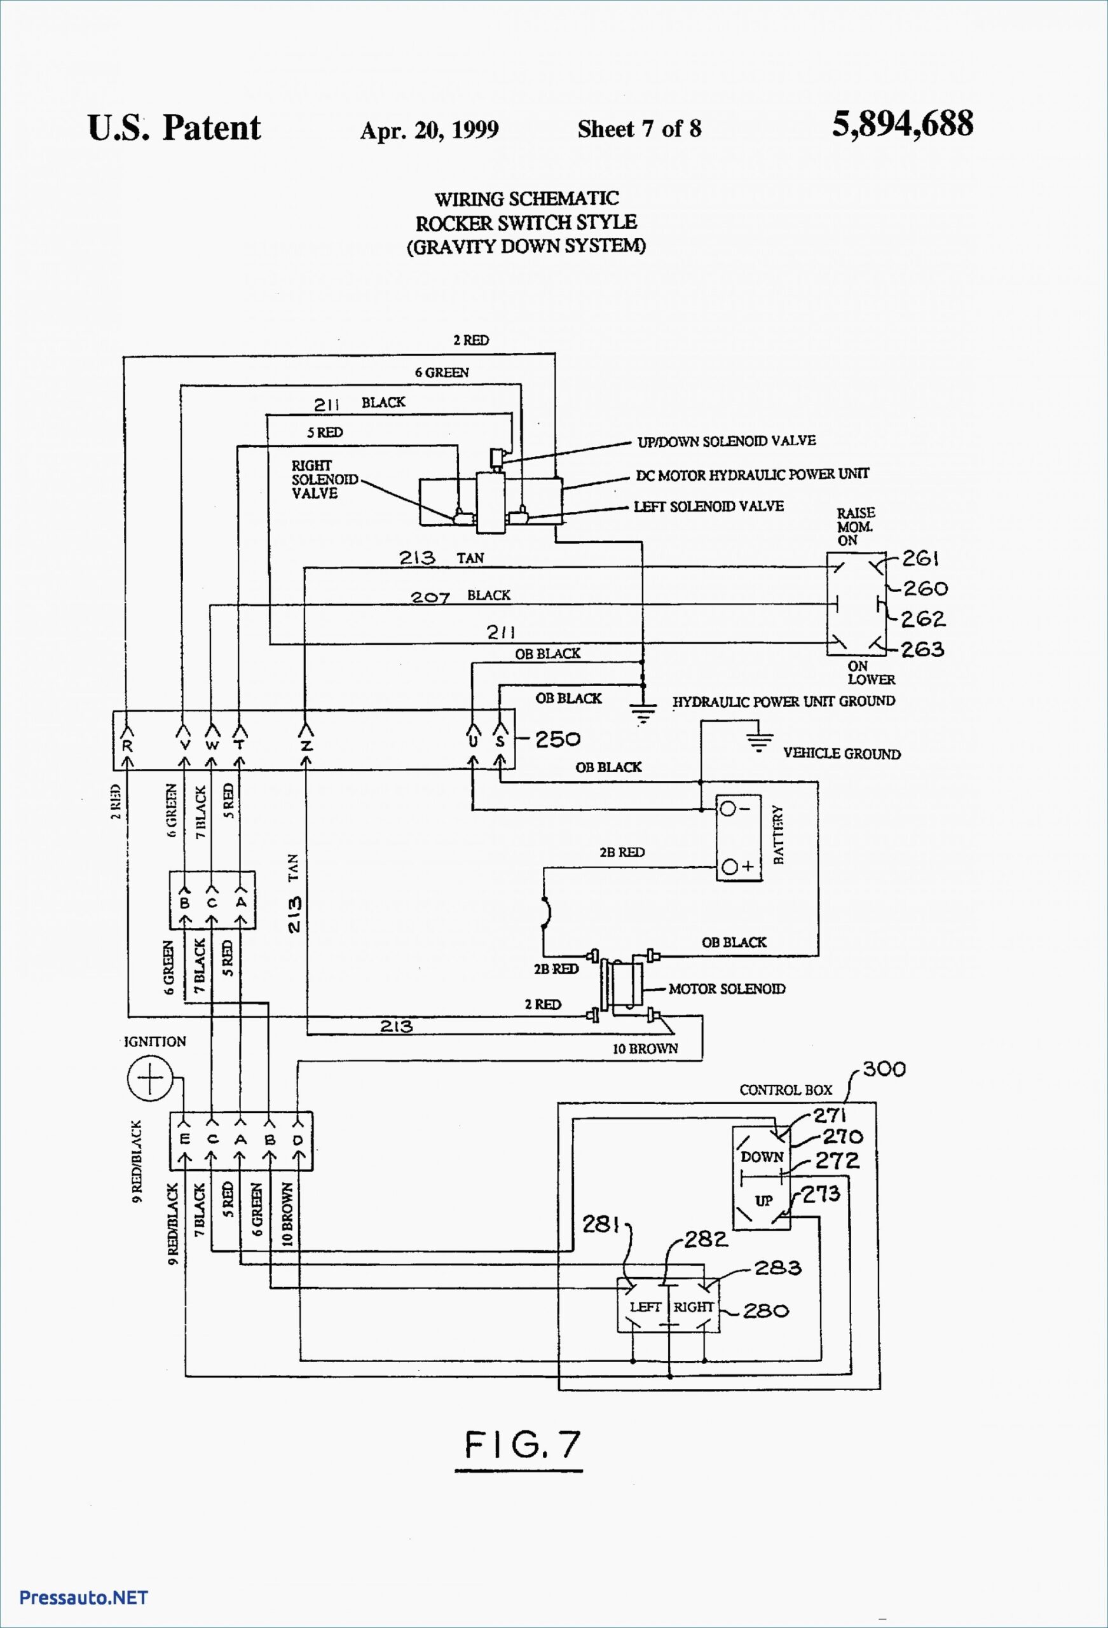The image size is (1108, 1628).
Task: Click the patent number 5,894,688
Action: pyautogui.click(x=902, y=125)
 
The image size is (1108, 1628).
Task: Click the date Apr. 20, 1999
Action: pyautogui.click(x=428, y=130)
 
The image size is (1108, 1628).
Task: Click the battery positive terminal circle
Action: pyautogui.click(x=729, y=867)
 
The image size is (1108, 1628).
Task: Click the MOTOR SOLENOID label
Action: pyautogui.click(x=727, y=988)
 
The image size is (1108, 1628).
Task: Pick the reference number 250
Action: pyautogui.click(x=557, y=739)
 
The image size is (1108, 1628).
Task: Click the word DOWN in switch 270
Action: pyautogui.click(x=762, y=1156)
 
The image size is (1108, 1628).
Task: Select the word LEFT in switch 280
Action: pyautogui.click(x=645, y=1306)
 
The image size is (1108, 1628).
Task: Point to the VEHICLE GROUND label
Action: pyautogui.click(x=841, y=754)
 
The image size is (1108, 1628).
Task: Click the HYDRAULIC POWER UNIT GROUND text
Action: pyautogui.click(x=783, y=701)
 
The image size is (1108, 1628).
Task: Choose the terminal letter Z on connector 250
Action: pyautogui.click(x=306, y=746)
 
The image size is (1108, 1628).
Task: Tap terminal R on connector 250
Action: pyautogui.click(x=127, y=746)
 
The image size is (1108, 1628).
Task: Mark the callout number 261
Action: pyautogui.click(x=920, y=558)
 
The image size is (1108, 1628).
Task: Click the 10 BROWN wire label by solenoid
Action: pyautogui.click(x=645, y=1049)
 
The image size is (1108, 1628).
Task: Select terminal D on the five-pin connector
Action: pyautogui.click(x=298, y=1140)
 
